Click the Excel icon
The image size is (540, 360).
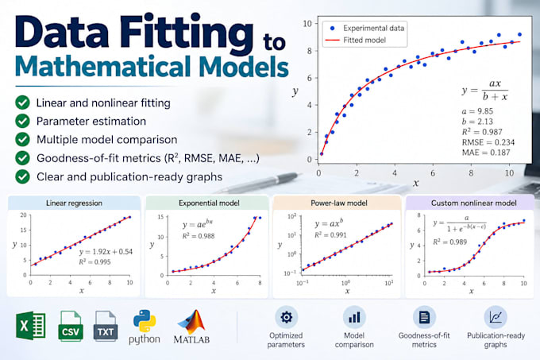[31, 326]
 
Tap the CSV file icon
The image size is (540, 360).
[71, 327]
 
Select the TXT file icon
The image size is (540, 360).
[106, 327]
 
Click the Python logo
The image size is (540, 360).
[145, 321]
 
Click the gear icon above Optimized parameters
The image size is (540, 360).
[286, 317]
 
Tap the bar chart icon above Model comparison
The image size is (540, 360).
[354, 317]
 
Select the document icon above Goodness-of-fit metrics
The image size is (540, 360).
[424, 317]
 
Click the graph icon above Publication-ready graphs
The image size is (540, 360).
[496, 317]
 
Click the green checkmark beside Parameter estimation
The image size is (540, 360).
[22, 121]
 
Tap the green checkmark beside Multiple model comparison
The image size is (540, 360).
[22, 140]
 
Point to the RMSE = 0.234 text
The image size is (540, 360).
[488, 142]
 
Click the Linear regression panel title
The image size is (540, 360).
[74, 203]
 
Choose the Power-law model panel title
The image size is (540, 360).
[339, 203]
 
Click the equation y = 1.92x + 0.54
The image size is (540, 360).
[106, 252]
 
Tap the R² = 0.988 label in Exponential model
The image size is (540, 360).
[199, 236]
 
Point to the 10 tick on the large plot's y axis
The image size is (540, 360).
[307, 23]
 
